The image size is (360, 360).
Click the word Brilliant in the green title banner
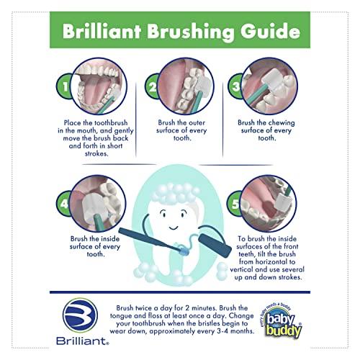click(101, 33)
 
